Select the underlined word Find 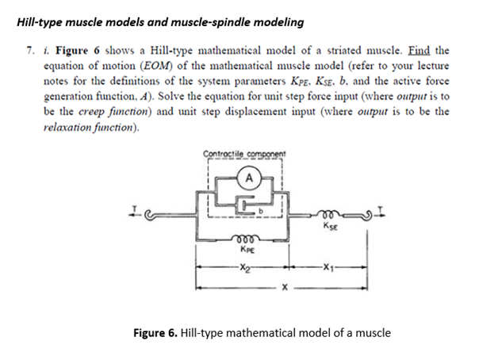pos(422,50)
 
